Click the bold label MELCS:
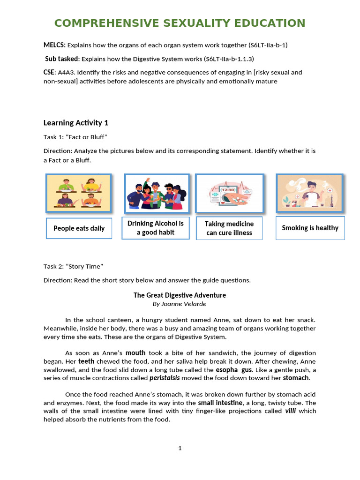coord(54,45)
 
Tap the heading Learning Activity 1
coord(76,123)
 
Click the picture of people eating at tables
coord(78,193)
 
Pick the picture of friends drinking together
coord(157,193)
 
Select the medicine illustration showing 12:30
coord(229,193)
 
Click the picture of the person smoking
coord(309,193)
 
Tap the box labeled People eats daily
coord(79,228)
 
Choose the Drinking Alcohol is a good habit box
coord(156,228)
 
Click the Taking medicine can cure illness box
coord(229,228)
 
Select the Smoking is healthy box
coord(310,228)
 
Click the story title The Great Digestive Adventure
coord(180,295)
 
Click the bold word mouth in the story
coord(135,352)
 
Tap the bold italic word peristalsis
coord(165,378)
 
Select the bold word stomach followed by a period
coord(296,378)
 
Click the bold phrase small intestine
coord(220,403)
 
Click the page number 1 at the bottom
coord(180,448)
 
